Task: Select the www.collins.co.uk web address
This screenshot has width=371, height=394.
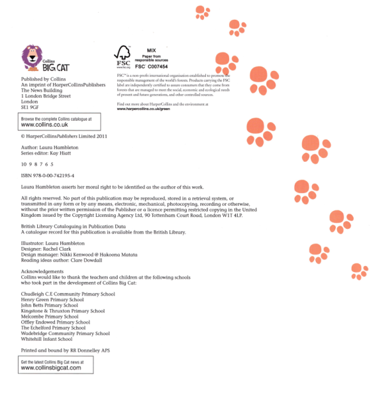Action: (x=44, y=124)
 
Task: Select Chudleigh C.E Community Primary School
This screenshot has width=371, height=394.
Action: (x=68, y=294)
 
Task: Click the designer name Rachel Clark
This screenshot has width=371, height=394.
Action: (x=62, y=249)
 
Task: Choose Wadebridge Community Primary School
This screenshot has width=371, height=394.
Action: (x=65, y=333)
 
